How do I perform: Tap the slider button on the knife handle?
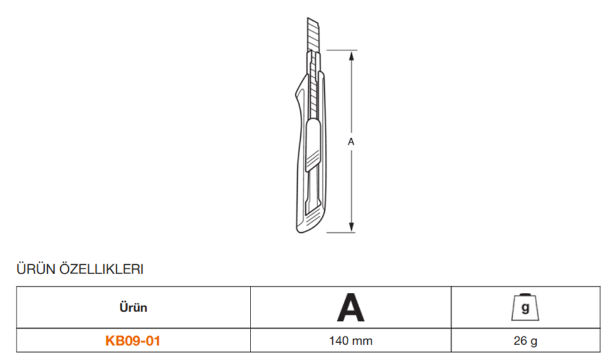coord(313,144)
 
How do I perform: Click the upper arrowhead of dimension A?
coord(351,55)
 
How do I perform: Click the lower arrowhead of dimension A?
coord(351,227)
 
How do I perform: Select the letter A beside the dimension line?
coord(351,141)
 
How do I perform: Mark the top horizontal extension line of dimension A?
coord(341,50)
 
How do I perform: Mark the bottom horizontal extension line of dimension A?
coord(341,233)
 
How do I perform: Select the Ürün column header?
coord(133,308)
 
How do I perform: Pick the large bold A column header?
coord(351,308)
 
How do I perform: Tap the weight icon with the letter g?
coord(525,308)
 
